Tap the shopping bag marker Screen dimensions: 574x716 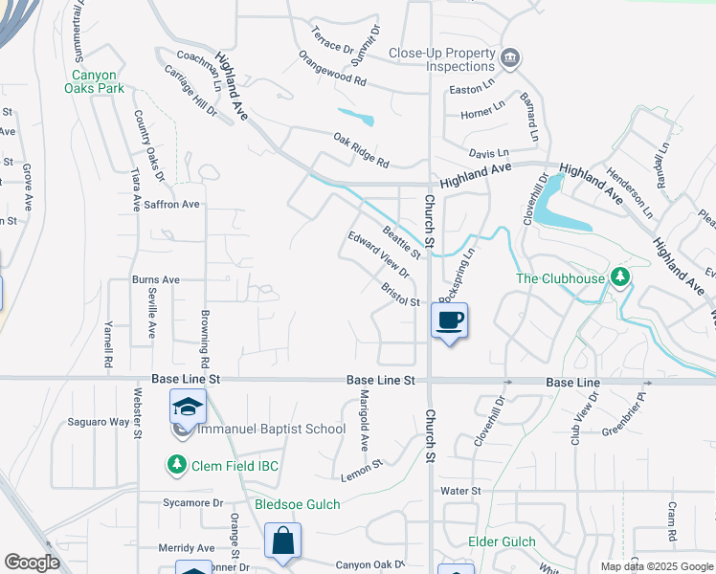[x=283, y=541]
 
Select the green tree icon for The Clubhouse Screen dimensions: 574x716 [x=621, y=277]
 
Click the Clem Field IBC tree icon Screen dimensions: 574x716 [x=177, y=465]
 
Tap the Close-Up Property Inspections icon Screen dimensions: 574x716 [x=510, y=59]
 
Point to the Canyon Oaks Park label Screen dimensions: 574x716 [x=101, y=81]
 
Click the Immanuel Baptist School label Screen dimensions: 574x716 [x=271, y=429]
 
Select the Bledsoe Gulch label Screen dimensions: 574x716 [x=297, y=504]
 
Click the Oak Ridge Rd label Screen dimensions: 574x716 [x=361, y=149]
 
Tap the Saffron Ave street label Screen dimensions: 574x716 [x=171, y=204]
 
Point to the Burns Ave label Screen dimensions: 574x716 [x=157, y=280]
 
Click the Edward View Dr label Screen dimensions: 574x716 [x=378, y=254]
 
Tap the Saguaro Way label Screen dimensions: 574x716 [x=99, y=422]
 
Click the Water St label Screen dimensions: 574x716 [x=459, y=491]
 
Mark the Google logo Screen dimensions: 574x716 [x=32, y=563]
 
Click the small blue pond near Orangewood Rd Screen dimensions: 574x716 [x=356, y=120]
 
